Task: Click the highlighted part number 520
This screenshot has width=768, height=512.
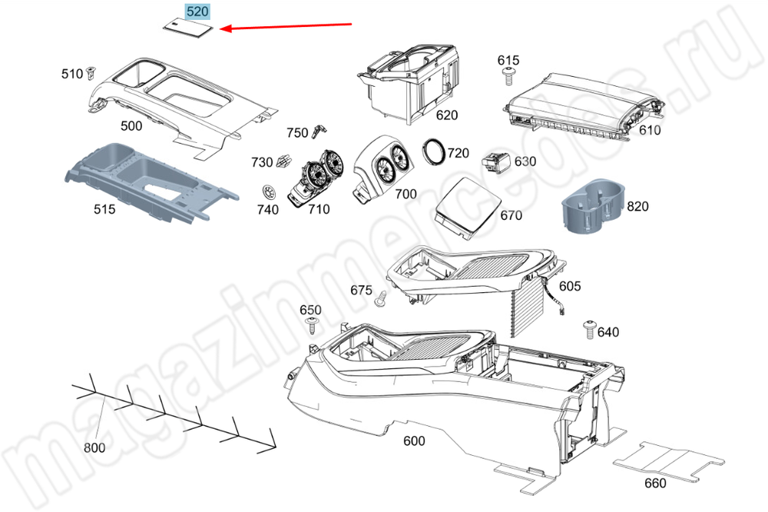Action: (197, 12)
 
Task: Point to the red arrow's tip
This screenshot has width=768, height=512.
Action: (220, 29)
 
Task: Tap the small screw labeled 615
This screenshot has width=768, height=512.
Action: (508, 77)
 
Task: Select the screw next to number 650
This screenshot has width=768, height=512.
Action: (311, 324)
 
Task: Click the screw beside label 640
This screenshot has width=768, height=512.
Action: (590, 329)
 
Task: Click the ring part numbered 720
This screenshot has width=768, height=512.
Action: (433, 151)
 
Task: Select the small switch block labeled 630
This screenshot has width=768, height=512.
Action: (497, 162)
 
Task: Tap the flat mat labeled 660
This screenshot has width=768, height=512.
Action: (669, 460)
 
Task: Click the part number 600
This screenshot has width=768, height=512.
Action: (414, 441)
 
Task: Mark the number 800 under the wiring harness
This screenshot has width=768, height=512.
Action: (94, 447)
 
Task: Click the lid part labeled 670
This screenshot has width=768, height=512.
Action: (468, 209)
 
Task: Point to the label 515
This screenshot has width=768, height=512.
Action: (104, 209)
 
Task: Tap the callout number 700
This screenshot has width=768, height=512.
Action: (406, 194)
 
